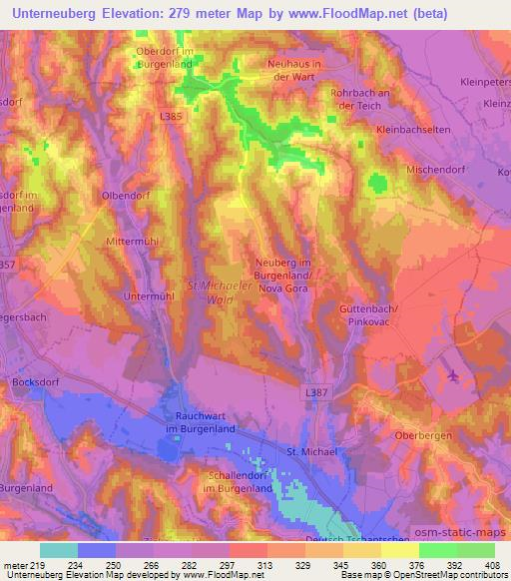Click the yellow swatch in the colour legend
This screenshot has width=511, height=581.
click(x=400, y=550)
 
